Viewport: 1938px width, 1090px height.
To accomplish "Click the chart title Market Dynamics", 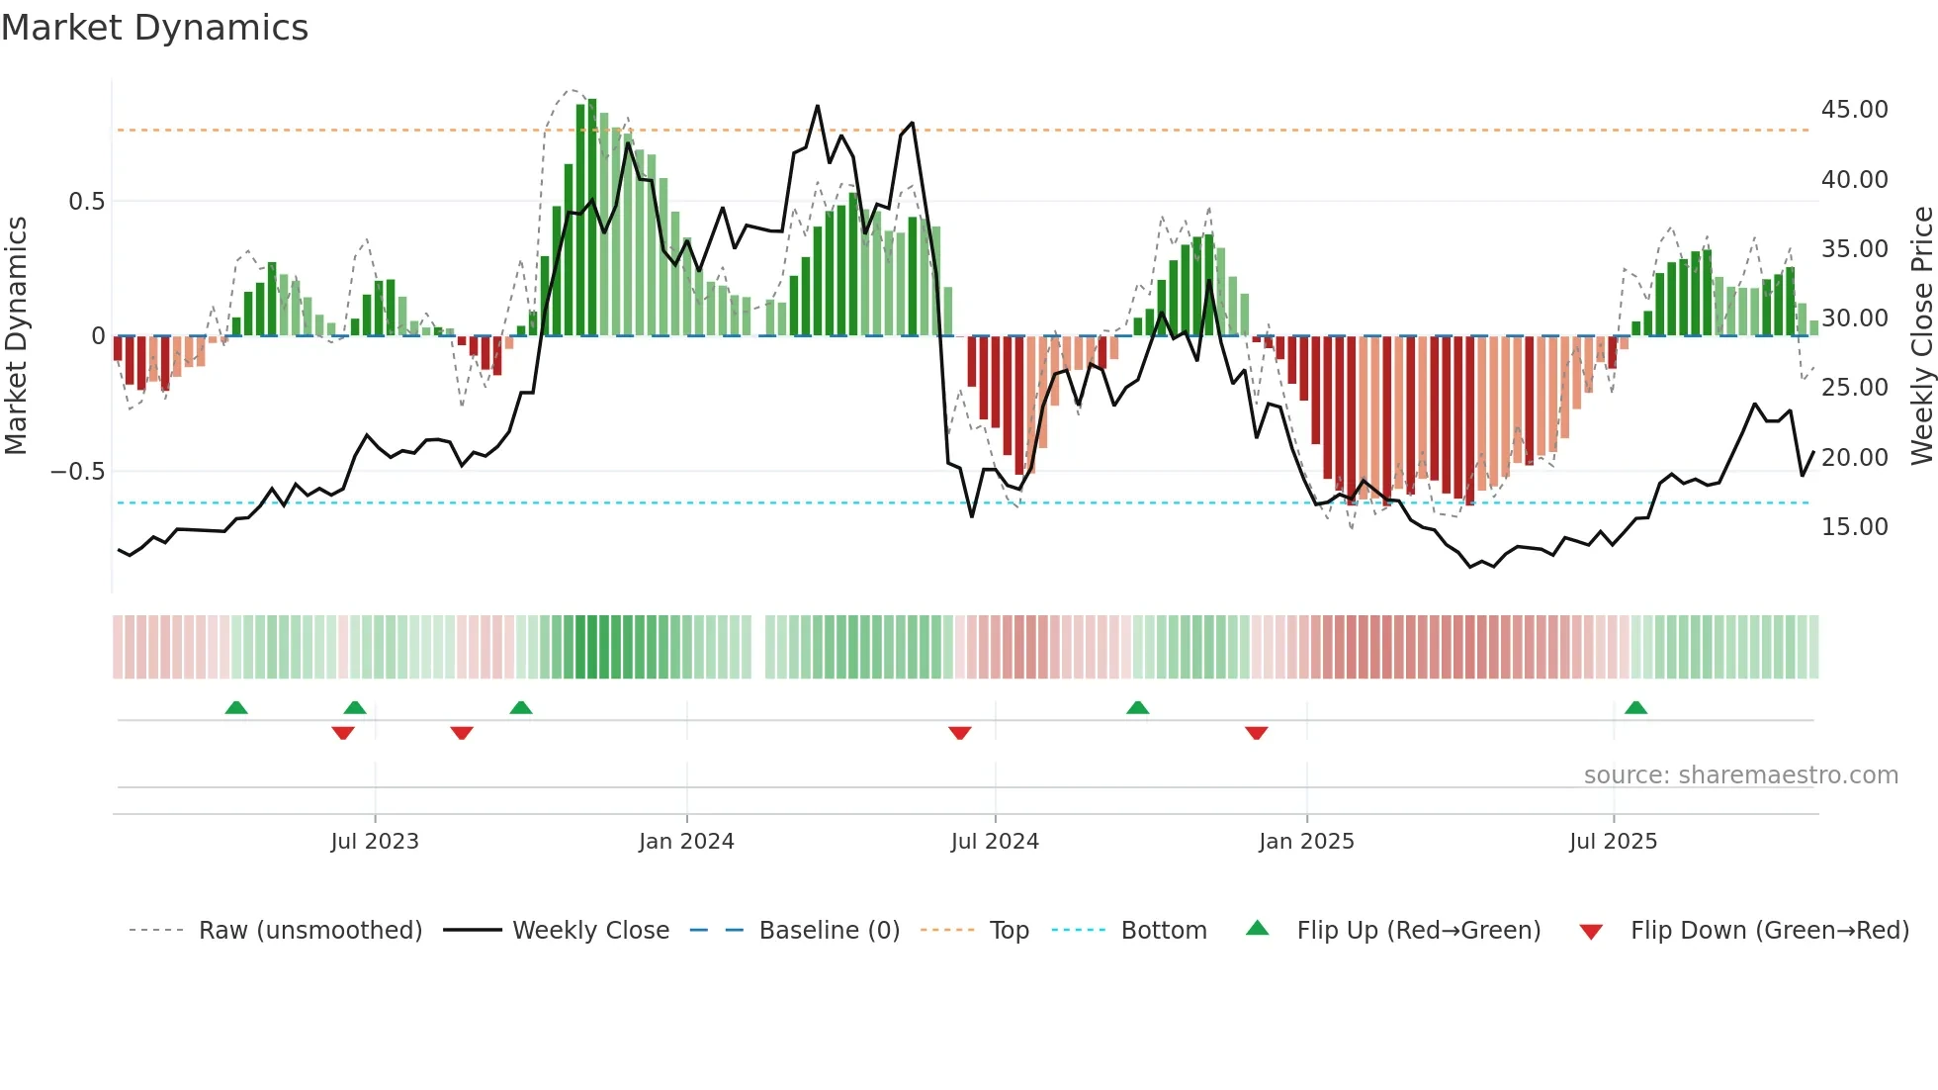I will tap(155, 28).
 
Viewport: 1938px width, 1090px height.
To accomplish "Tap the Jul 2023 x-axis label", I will tap(375, 842).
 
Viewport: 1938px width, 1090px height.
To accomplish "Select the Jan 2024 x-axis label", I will tap(686, 842).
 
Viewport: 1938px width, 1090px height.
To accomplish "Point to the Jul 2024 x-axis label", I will tap(995, 842).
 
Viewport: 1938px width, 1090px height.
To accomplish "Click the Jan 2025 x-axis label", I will tap(1306, 842).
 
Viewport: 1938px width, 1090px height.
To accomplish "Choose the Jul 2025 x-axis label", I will tap(1613, 842).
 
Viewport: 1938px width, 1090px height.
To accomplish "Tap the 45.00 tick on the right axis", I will tap(1854, 110).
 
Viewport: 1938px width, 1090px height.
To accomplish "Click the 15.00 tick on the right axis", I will tap(1854, 527).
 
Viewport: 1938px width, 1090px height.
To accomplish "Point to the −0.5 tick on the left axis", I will tap(78, 472).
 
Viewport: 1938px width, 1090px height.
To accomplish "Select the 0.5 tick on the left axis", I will tap(86, 202).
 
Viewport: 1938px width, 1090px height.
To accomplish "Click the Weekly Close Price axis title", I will tap(1921, 336).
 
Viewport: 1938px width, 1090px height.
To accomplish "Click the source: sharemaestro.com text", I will tap(1740, 775).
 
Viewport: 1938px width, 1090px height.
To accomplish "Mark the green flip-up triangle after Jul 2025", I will tap(1635, 708).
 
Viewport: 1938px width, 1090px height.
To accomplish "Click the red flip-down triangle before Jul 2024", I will tap(959, 733).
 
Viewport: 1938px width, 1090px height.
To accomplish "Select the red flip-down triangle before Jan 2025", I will tap(1256, 733).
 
